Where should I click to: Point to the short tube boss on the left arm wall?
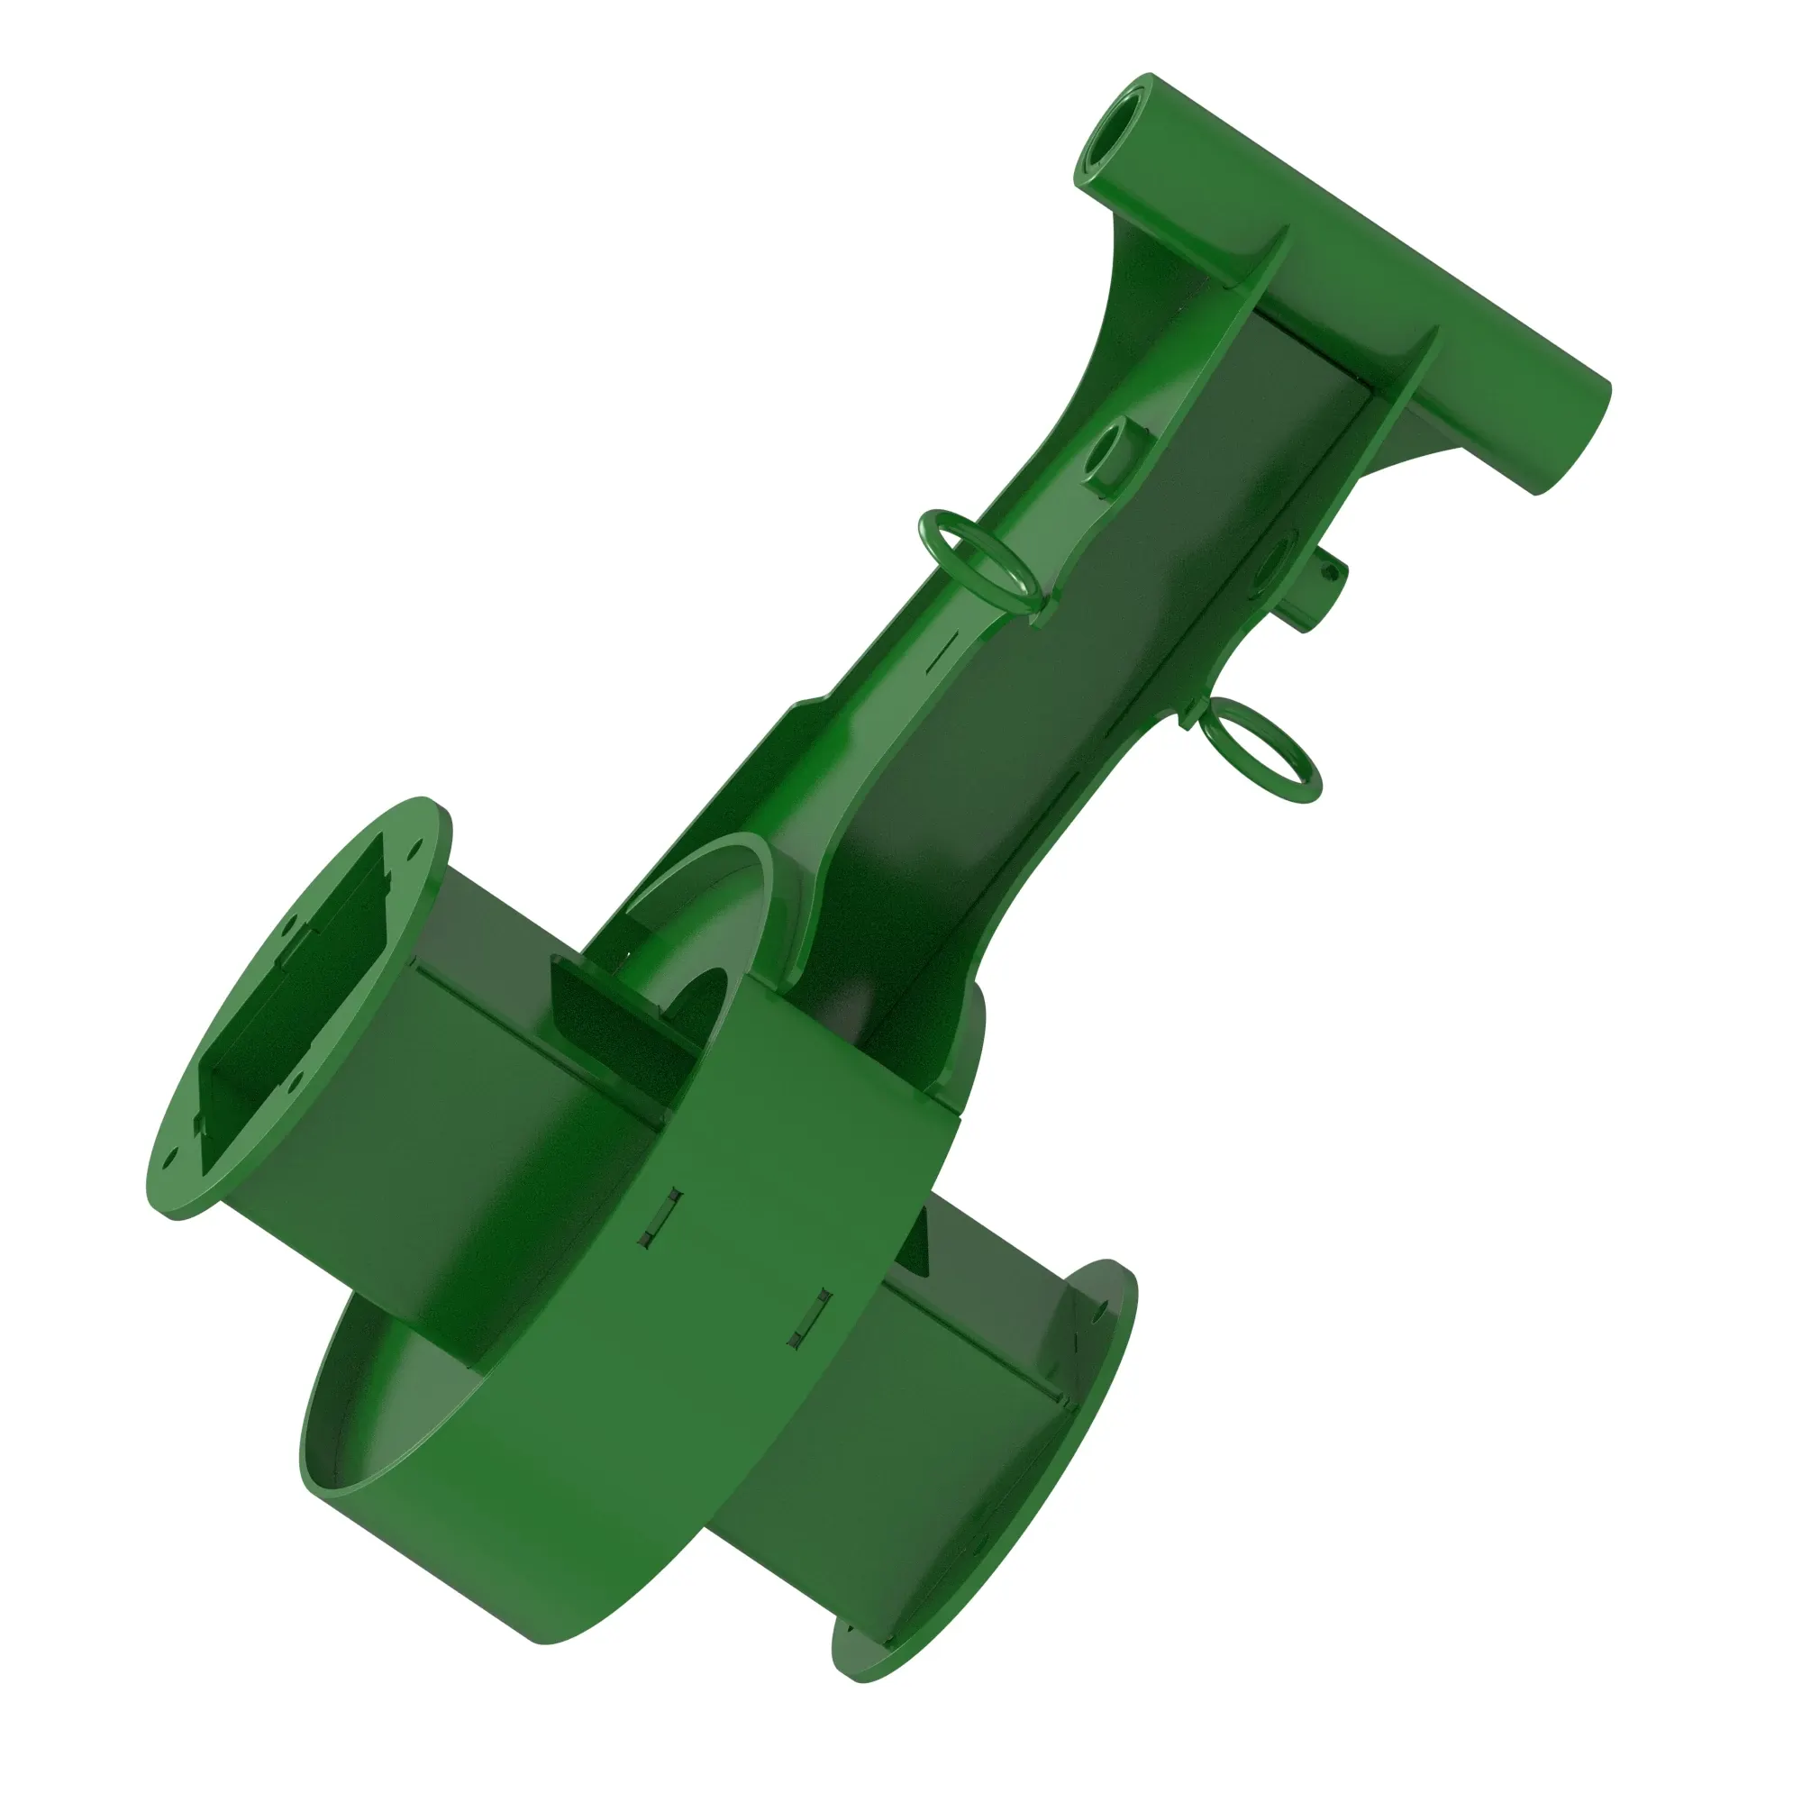point(1113,456)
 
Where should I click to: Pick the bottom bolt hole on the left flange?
point(168,1160)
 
